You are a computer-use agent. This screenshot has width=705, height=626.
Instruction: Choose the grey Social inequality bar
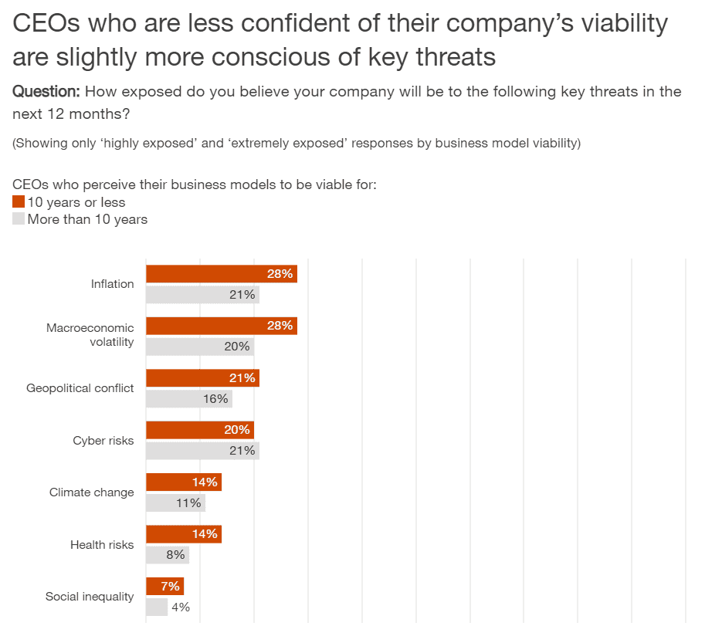point(157,607)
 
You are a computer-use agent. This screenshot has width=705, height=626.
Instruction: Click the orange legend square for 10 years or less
point(19,202)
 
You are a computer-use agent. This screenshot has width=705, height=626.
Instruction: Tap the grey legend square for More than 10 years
point(19,219)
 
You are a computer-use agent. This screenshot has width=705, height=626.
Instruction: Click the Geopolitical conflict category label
point(80,388)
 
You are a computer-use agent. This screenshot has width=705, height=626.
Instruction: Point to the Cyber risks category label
point(103,441)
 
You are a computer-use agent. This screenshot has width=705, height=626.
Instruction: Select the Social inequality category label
point(90,597)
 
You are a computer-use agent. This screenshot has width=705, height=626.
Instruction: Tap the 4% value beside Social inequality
point(181,607)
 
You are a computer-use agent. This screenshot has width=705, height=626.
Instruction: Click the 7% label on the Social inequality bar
point(171,586)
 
